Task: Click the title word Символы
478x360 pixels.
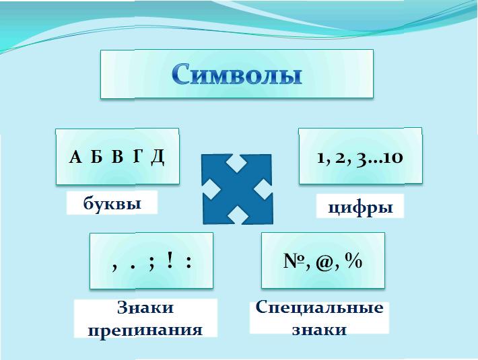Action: (236, 74)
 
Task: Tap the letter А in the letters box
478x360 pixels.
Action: (75, 157)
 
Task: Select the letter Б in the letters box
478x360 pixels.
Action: (96, 157)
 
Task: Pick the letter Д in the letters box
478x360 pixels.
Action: (158, 157)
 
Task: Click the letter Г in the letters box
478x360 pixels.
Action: (137, 157)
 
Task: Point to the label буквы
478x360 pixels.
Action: (112, 203)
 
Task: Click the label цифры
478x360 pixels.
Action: (360, 208)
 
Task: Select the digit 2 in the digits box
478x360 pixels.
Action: (339, 158)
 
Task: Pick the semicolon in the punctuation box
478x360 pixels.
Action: (151, 264)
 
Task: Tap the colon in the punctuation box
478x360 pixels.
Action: (189, 262)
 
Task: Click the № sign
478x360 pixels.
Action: (294, 260)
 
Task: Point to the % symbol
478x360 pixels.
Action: (353, 261)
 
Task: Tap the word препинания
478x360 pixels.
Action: (145, 330)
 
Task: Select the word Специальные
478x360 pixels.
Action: (320, 307)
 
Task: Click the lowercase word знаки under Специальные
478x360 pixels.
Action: (320, 330)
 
